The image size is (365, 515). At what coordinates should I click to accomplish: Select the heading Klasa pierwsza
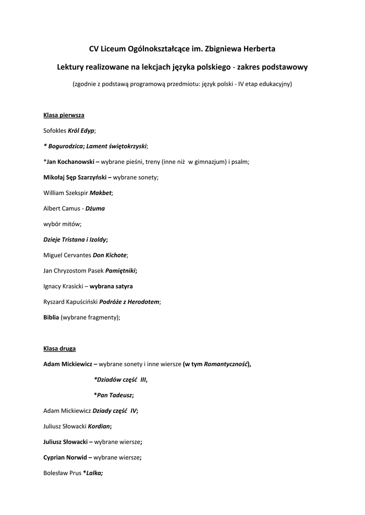pyautogui.click(x=63, y=115)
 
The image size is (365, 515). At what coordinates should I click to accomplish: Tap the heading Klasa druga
pyautogui.click(x=59, y=349)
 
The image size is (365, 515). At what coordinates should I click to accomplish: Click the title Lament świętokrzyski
pyautogui.click(x=116, y=146)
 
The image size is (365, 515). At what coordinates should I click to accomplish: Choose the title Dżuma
pyautogui.click(x=95, y=209)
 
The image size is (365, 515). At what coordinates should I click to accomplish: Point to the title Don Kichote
pyautogui.click(x=109, y=255)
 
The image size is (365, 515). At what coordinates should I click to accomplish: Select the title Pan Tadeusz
pyautogui.click(x=115, y=395)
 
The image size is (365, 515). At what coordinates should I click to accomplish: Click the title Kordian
pyautogui.click(x=99, y=426)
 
